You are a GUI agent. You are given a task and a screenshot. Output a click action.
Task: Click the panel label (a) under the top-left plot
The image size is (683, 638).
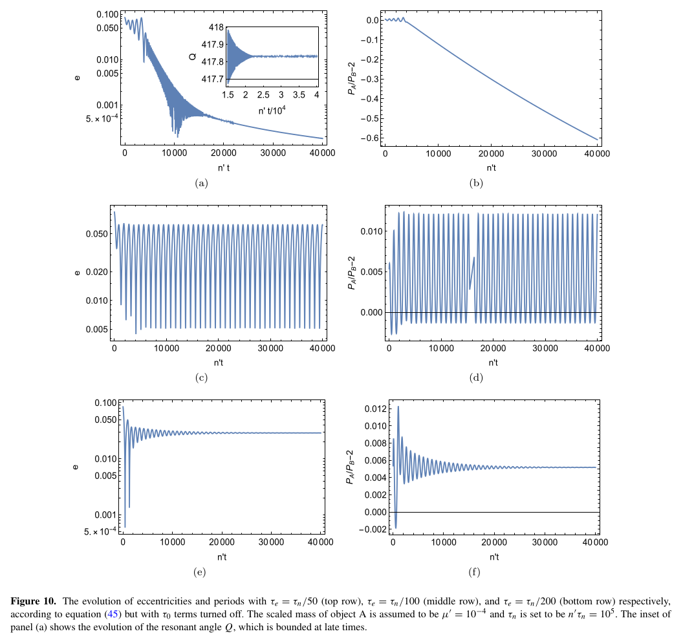click(202, 183)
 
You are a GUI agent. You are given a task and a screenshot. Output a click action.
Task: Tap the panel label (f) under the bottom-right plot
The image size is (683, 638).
click(476, 571)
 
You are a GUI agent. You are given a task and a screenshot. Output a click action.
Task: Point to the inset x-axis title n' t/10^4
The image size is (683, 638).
click(270, 109)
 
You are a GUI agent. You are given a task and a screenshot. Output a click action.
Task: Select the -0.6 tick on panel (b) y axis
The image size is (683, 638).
click(365, 139)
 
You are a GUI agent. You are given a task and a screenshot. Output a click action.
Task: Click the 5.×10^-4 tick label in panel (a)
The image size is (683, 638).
click(94, 118)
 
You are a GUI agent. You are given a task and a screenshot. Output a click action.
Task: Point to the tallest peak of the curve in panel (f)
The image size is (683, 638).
click(398, 407)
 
